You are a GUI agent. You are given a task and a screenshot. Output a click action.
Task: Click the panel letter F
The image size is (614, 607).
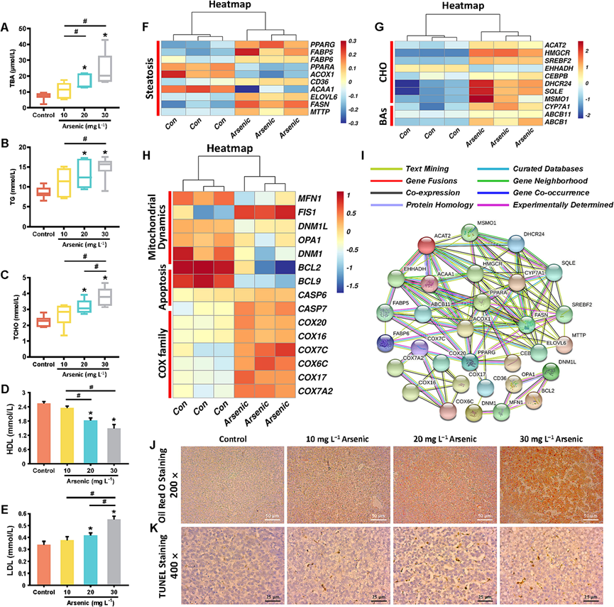146,29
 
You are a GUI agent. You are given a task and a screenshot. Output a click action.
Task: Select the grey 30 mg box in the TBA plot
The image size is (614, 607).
106,69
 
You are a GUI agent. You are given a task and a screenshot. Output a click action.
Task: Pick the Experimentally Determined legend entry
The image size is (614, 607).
566,204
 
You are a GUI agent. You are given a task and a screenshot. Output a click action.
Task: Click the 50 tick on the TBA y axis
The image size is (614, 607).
23,29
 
